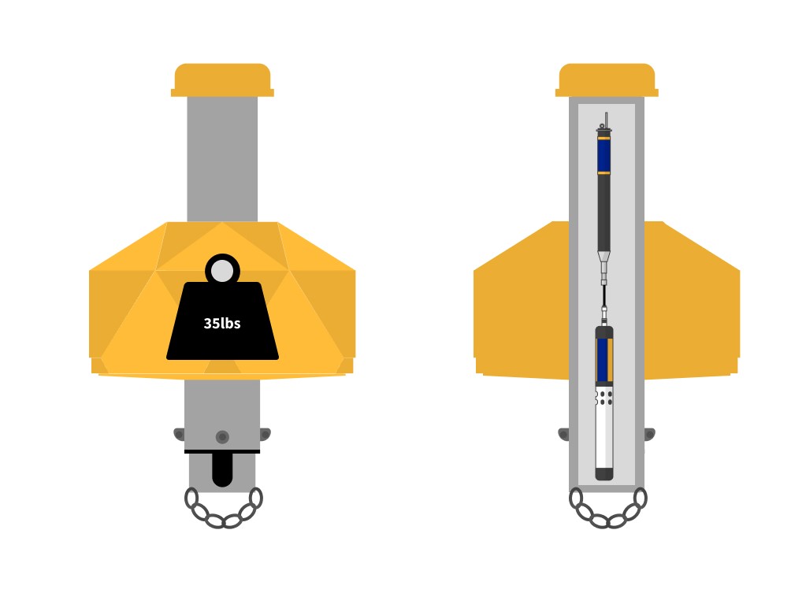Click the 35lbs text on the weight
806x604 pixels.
(x=222, y=323)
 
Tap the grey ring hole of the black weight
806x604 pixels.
(x=222, y=271)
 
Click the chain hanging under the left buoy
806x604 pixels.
(x=223, y=510)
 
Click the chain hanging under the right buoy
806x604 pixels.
(x=607, y=510)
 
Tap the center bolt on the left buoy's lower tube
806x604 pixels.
(x=222, y=437)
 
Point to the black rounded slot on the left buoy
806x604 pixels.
(x=222, y=470)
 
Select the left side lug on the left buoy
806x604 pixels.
(x=180, y=434)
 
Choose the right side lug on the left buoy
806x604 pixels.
(x=265, y=434)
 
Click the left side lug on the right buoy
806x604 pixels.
(x=564, y=434)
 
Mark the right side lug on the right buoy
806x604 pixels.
(x=649, y=434)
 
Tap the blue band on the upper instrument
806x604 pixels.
(x=604, y=155)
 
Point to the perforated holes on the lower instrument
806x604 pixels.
(x=604, y=398)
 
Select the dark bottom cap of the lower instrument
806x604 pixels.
(x=604, y=473)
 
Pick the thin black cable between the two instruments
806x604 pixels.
(x=604, y=297)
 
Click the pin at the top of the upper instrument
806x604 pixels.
(x=605, y=120)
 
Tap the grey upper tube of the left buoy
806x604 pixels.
(x=222, y=157)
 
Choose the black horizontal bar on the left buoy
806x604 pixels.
(x=222, y=451)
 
